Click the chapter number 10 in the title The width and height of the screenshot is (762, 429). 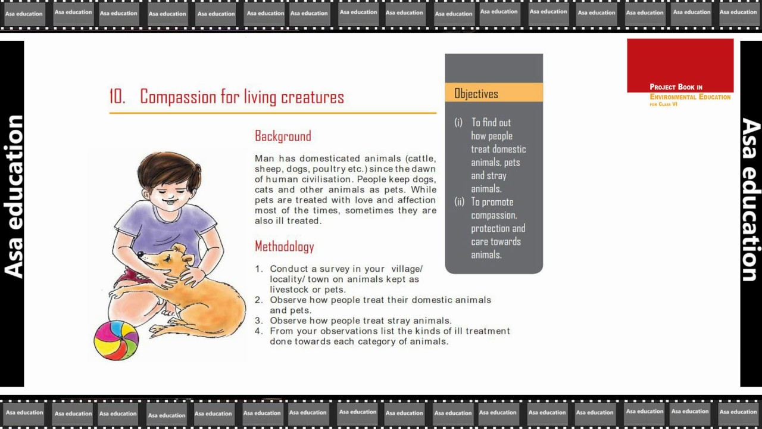point(117,97)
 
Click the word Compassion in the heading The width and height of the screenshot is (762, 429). point(178,97)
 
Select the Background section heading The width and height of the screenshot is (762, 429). point(283,136)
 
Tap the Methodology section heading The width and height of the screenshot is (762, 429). point(285,247)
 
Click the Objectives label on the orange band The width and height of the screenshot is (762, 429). point(476,94)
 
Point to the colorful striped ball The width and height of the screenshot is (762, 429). point(116,340)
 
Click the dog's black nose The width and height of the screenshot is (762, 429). point(140,254)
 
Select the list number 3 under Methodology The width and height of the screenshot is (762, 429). point(259,321)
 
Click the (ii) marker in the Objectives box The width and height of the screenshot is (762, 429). point(459,202)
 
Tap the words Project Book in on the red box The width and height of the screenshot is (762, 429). point(676,87)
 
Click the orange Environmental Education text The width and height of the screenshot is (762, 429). point(690,97)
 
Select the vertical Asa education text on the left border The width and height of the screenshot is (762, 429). point(13,197)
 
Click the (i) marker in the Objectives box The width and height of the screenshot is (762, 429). point(458,122)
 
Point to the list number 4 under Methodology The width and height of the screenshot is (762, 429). point(259,331)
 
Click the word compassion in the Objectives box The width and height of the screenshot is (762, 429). point(494,216)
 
